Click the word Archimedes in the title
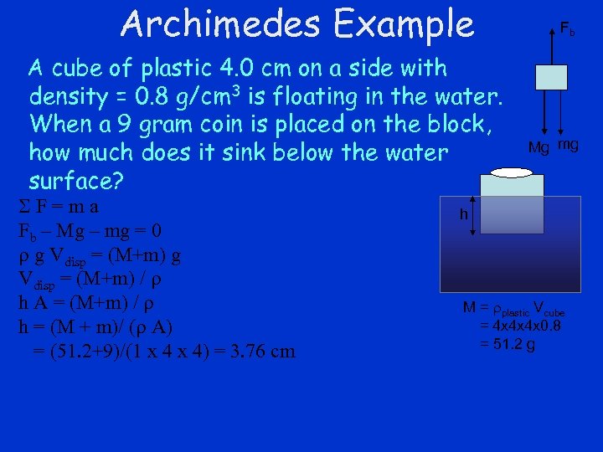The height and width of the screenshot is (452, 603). coord(219,23)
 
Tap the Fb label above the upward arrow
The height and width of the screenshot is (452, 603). coord(567,30)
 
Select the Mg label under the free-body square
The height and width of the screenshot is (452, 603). coord(539,147)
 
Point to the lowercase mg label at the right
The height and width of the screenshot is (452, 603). coord(567,145)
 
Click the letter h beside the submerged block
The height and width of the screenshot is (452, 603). coord(463,214)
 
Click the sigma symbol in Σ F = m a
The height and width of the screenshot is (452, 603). coord(24,206)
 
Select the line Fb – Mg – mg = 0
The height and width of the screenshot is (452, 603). coord(90,230)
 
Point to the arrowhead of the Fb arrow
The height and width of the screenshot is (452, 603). coord(549,31)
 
